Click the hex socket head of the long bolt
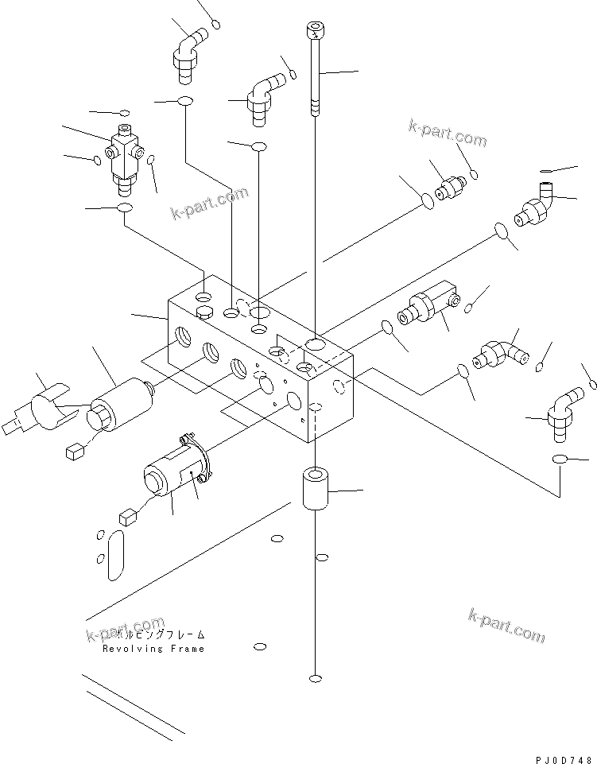point(316,29)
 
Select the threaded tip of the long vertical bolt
point(316,107)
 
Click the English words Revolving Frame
point(153,649)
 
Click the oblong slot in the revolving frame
point(115,559)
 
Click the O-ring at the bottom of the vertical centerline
point(316,679)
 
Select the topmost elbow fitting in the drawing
point(188,54)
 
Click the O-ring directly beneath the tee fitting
point(124,209)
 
